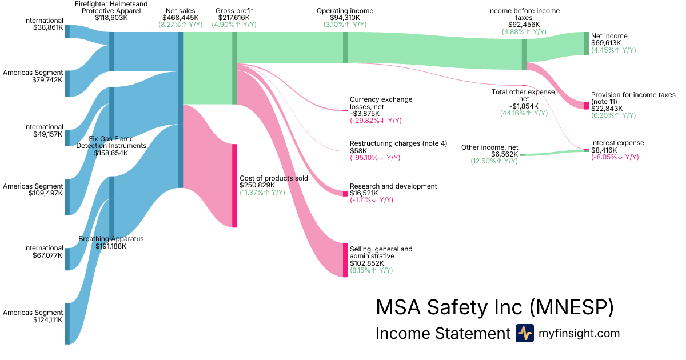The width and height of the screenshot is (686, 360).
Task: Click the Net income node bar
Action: (586, 44)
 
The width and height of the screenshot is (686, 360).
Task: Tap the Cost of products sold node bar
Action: (234, 186)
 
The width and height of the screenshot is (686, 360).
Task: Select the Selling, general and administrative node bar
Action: (345, 260)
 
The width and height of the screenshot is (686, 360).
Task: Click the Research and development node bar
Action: (345, 194)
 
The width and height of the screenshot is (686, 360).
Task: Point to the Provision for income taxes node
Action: (586, 106)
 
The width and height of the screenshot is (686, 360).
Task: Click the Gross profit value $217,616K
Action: (234, 18)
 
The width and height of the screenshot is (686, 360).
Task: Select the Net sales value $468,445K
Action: (181, 18)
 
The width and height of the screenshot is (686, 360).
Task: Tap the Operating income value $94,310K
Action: (345, 18)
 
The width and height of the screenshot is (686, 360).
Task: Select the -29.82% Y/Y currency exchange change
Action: (376, 121)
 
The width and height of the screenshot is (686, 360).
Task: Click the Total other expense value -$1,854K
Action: (524, 106)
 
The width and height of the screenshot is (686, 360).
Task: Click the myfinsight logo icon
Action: (524, 333)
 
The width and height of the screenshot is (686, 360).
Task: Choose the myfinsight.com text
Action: (579, 333)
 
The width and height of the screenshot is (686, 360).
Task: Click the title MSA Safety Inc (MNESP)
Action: (494, 307)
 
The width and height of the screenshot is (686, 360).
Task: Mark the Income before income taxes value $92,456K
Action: (524, 25)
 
